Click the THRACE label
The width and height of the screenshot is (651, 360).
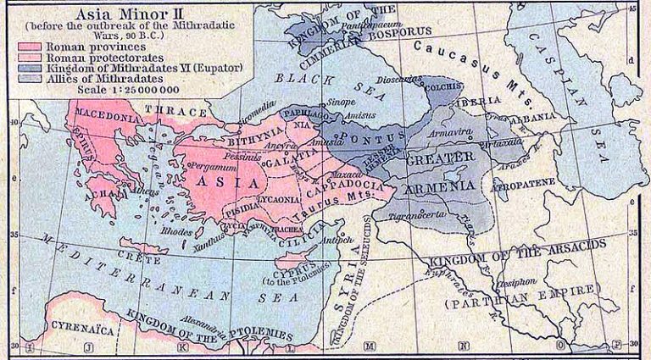tap(176, 111)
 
